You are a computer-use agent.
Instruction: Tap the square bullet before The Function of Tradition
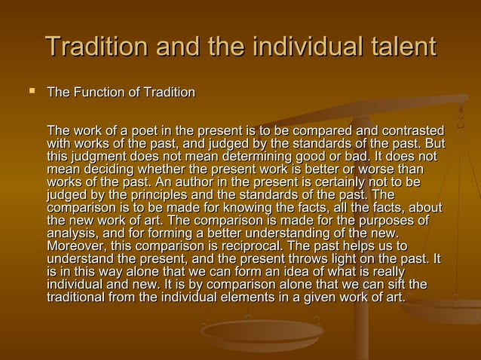(32, 92)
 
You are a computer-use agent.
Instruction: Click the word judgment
(102, 157)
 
